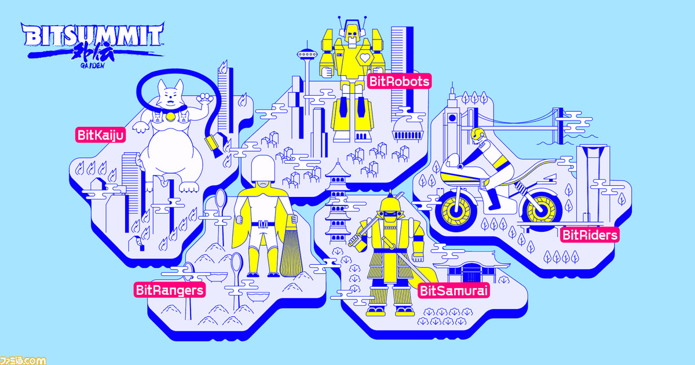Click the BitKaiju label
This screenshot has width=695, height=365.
point(101,135)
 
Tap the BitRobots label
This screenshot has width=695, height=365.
point(399,81)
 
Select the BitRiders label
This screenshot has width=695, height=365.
point(590,235)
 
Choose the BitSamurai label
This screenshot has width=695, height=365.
point(453,291)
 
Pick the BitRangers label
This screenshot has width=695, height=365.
point(170,290)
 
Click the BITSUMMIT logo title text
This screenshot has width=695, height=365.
point(93,35)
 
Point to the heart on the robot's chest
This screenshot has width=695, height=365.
point(365,58)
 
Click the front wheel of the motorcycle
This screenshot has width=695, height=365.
point(456,211)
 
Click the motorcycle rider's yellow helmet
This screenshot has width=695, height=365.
point(477,134)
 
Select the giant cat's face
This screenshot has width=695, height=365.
point(170,94)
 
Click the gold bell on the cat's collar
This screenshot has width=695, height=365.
point(170,116)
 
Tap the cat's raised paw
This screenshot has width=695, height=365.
point(204,98)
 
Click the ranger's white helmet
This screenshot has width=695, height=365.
point(263,169)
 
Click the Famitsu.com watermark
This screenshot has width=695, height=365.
point(23,360)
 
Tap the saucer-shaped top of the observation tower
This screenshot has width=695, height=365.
point(307,55)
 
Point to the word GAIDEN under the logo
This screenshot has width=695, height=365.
point(93,65)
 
